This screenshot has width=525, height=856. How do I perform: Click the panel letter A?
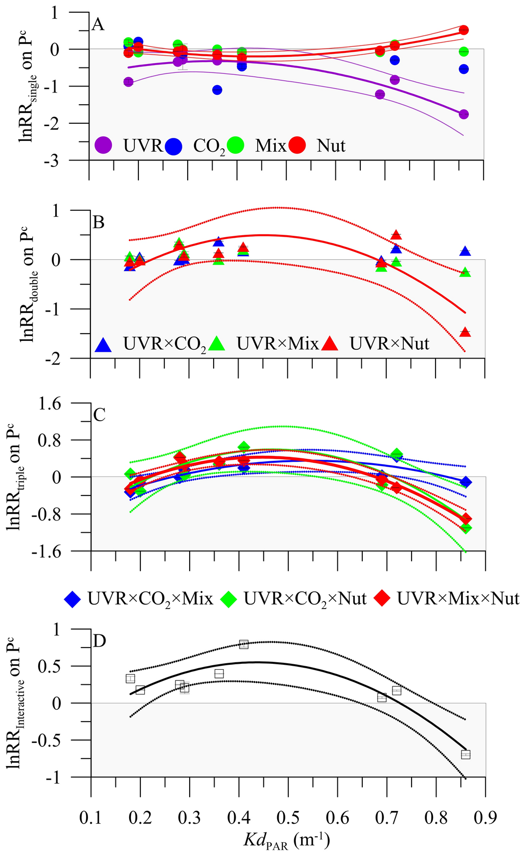click(x=98, y=24)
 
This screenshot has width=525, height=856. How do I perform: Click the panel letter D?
click(x=99, y=641)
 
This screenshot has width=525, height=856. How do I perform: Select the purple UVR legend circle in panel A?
click(x=103, y=145)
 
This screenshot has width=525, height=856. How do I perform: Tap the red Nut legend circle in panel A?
click(x=297, y=145)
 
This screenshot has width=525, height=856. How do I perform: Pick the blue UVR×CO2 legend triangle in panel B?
click(x=104, y=345)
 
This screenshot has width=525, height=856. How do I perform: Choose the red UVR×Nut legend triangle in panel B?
click(x=330, y=345)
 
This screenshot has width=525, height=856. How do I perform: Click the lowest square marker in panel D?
click(x=465, y=754)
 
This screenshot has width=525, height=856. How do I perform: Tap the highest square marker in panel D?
click(x=244, y=644)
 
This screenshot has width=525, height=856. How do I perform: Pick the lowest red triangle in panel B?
click(x=465, y=332)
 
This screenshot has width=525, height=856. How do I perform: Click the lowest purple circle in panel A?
click(x=464, y=114)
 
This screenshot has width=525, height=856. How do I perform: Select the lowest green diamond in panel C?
click(x=466, y=528)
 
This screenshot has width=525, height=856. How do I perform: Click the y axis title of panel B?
click(x=28, y=284)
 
